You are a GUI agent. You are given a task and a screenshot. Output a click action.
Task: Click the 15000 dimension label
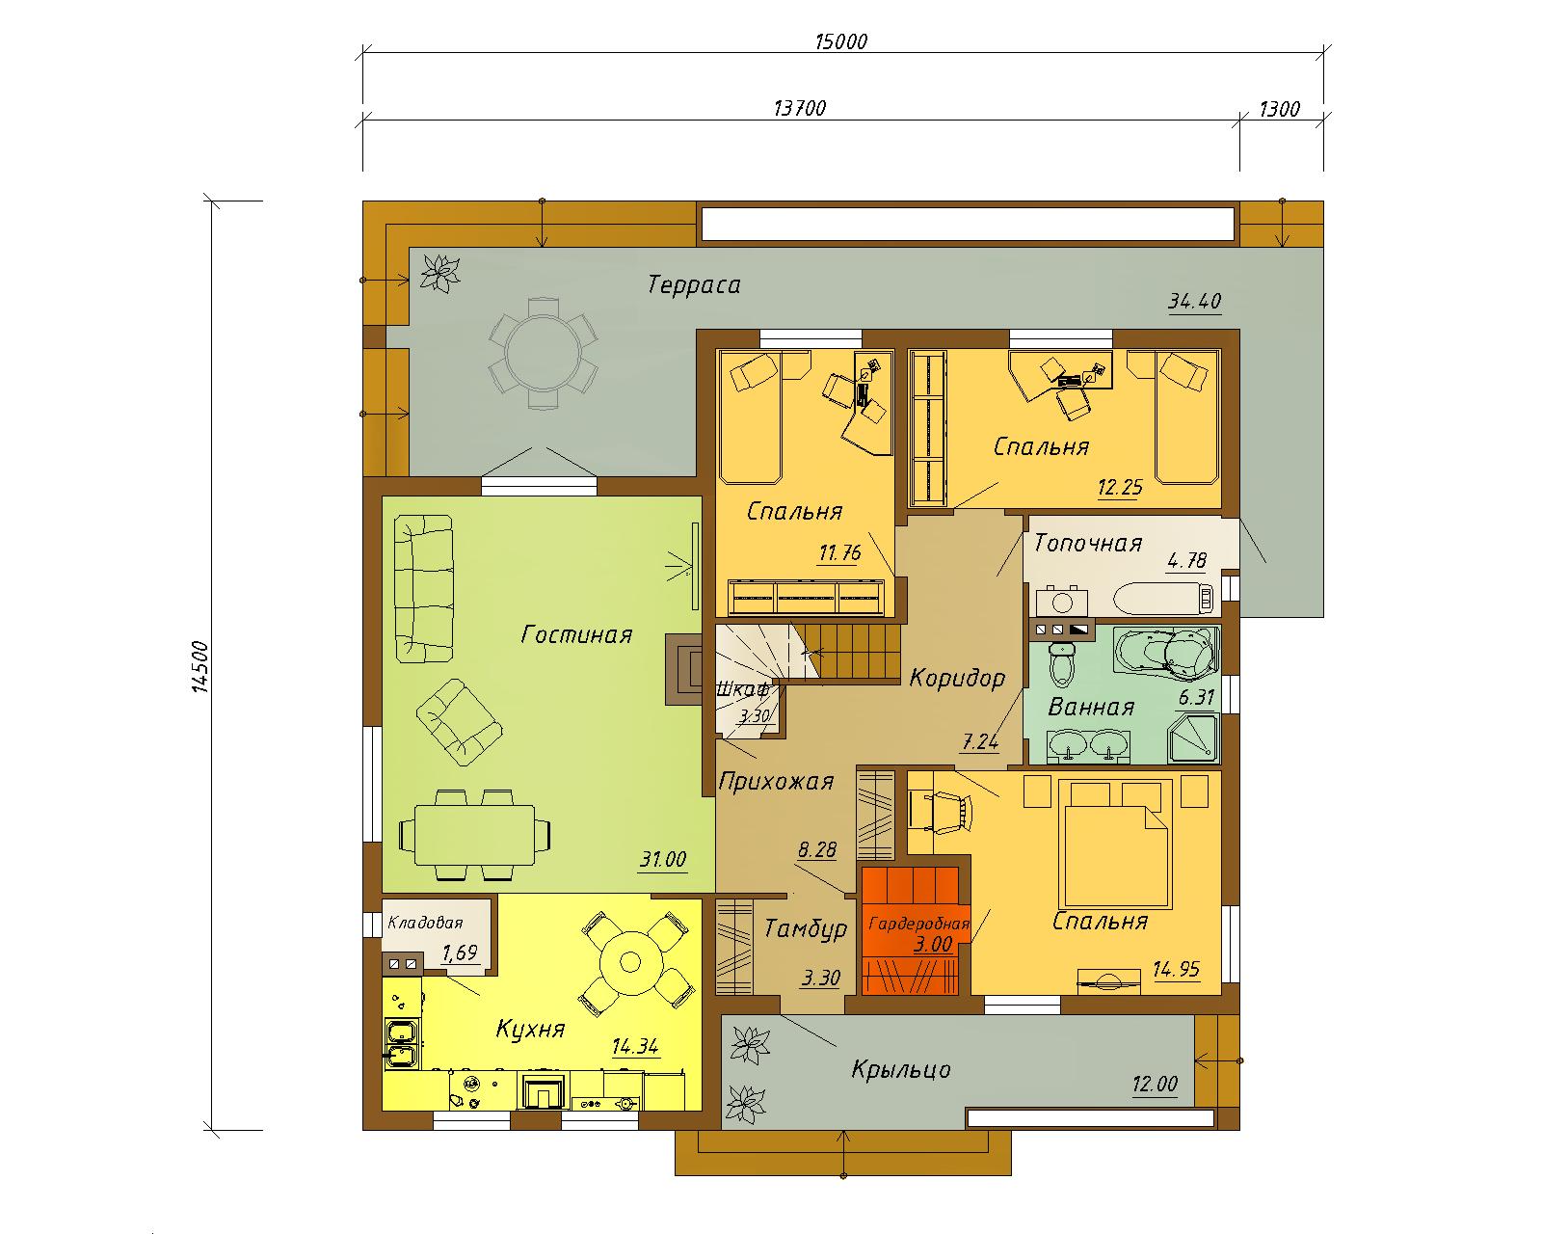pyautogui.click(x=841, y=41)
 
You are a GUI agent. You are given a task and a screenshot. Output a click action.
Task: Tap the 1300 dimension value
pyautogui.click(x=1279, y=109)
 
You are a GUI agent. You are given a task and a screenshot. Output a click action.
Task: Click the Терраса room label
pyautogui.click(x=694, y=285)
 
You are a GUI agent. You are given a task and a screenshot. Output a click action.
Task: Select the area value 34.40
pyautogui.click(x=1194, y=301)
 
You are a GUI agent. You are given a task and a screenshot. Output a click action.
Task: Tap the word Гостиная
pyautogui.click(x=576, y=635)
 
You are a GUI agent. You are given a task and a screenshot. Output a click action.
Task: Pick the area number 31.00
pyautogui.click(x=663, y=859)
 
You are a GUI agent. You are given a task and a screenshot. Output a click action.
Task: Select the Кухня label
pyautogui.click(x=530, y=1030)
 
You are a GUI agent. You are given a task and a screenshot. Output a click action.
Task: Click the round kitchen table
pyautogui.click(x=630, y=962)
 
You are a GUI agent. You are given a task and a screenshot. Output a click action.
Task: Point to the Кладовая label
pyautogui.click(x=425, y=923)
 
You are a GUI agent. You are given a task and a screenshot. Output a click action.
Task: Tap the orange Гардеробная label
pyautogui.click(x=918, y=925)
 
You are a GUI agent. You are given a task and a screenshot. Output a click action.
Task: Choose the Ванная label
pyautogui.click(x=1091, y=708)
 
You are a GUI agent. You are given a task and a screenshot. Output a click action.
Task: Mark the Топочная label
pyautogui.click(x=1088, y=544)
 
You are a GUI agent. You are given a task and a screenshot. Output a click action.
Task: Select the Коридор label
pyautogui.click(x=957, y=678)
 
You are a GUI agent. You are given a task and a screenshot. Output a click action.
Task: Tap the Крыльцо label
pyautogui.click(x=901, y=1070)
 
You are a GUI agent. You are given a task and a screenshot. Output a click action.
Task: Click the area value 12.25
pyautogui.click(x=1120, y=488)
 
